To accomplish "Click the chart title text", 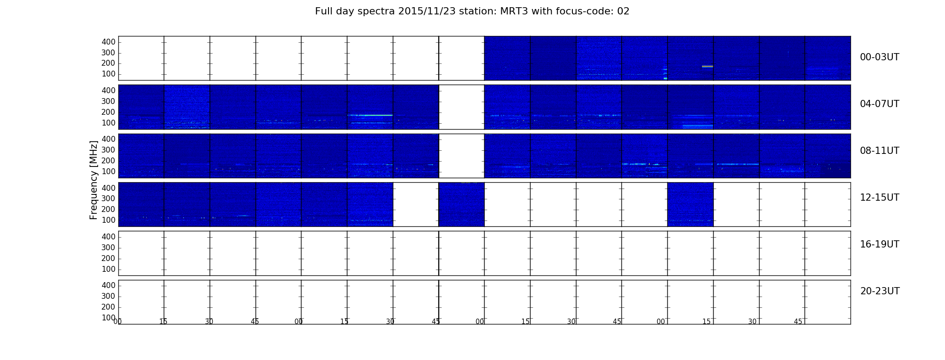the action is click(x=472, y=11).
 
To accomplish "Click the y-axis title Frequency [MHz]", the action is click(x=94, y=180).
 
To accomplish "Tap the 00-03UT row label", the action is click(x=879, y=57).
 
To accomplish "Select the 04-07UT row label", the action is click(x=879, y=104).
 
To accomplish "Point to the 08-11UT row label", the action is click(x=879, y=151).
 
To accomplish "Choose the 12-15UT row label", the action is click(x=879, y=198).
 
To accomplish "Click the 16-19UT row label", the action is click(x=879, y=244).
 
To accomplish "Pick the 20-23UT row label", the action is click(x=880, y=291).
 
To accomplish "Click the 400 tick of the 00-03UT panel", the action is click(x=108, y=42).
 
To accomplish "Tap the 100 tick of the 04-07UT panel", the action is click(x=108, y=123).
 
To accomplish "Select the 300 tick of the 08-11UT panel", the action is click(x=108, y=150).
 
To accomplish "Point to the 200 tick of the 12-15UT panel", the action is click(x=108, y=209).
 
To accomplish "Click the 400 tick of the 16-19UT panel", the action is click(x=108, y=237).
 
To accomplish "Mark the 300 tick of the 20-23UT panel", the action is click(x=108, y=296).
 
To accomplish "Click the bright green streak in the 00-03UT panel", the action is click(x=707, y=67).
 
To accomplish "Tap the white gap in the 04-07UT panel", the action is click(x=462, y=107).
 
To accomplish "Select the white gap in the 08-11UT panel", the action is click(x=462, y=156).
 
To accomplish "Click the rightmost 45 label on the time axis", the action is click(x=798, y=322).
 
